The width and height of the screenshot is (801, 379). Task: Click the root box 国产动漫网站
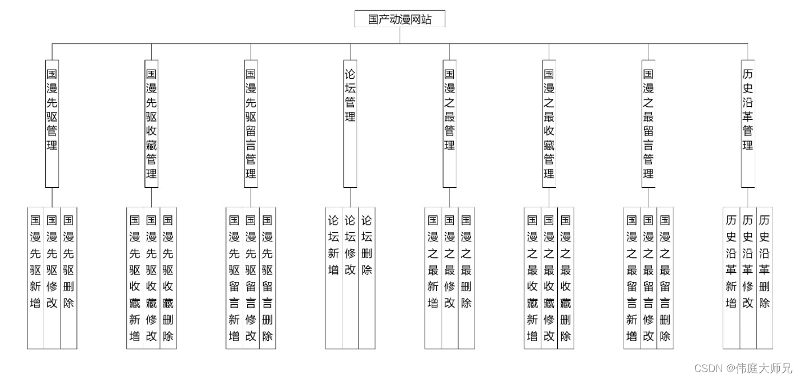pyautogui.click(x=400, y=19)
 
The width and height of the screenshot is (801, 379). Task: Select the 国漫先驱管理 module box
pyautogui.click(x=52, y=123)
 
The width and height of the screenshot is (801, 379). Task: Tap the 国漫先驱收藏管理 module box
pyautogui.click(x=151, y=123)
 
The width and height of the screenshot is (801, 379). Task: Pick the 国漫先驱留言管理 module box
pyautogui.click(x=251, y=123)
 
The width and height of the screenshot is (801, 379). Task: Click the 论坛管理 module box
pyautogui.click(x=350, y=123)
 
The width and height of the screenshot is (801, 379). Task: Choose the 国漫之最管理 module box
pyautogui.click(x=449, y=123)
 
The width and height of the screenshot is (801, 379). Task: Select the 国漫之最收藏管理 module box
pyautogui.click(x=549, y=123)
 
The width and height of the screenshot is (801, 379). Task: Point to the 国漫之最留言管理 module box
pyautogui.click(x=648, y=123)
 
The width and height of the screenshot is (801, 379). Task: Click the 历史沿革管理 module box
pyautogui.click(x=747, y=123)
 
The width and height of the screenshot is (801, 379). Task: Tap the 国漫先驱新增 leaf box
pyautogui.click(x=35, y=277)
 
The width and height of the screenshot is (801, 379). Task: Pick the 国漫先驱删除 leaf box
pyautogui.click(x=69, y=277)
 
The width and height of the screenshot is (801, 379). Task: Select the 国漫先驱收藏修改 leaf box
pyautogui.click(x=151, y=277)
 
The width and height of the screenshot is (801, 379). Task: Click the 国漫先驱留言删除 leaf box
pyautogui.click(x=267, y=277)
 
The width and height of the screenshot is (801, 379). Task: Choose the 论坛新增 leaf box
pyautogui.click(x=334, y=277)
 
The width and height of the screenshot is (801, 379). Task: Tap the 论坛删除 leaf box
pyautogui.click(x=367, y=277)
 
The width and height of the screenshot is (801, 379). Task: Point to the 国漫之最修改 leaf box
pyautogui.click(x=449, y=277)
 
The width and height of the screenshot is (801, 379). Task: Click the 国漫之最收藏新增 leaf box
pyautogui.click(x=532, y=277)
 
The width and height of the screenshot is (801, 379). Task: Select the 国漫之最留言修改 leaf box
pyautogui.click(x=648, y=277)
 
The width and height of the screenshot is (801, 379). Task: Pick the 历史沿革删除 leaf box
pyautogui.click(x=764, y=277)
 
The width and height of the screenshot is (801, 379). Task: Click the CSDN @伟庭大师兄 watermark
pyautogui.click(x=743, y=368)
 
